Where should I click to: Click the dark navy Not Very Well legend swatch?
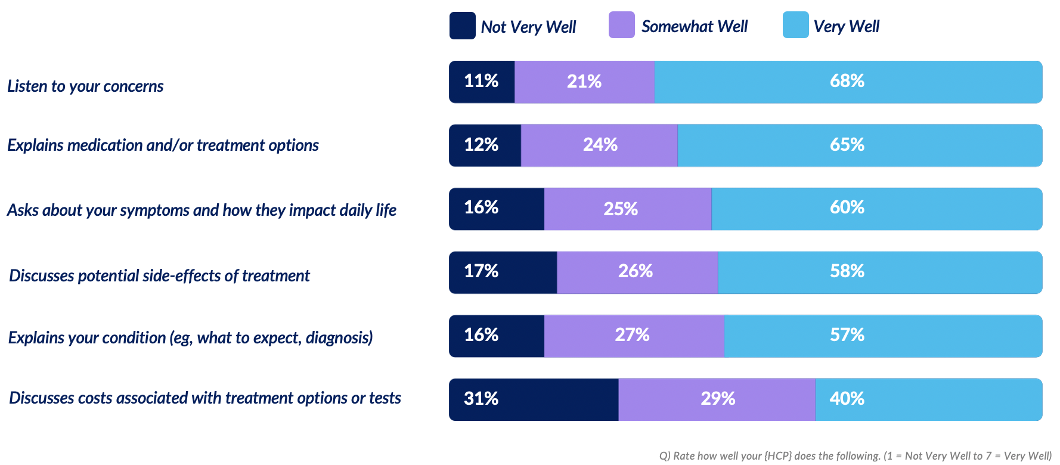coord(462,26)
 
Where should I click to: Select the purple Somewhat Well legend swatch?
coord(621,25)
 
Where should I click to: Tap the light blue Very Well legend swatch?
coord(795,25)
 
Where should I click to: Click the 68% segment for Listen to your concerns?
coord(848,82)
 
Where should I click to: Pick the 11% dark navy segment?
coord(482,82)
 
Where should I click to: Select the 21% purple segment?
coord(584,82)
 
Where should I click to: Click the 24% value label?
coord(600,145)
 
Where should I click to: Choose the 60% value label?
coord(847,207)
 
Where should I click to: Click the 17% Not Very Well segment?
coord(503,272)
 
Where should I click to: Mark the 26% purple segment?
coord(637,272)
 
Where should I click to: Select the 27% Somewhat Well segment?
coord(634,336)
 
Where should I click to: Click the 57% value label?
coord(847,335)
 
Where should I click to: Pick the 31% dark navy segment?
coord(533,399)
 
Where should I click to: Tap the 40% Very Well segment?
coord(928,399)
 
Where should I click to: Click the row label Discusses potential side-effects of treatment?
coord(159,275)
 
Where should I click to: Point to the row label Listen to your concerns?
coord(85,86)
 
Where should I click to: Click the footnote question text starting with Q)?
coord(855,456)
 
